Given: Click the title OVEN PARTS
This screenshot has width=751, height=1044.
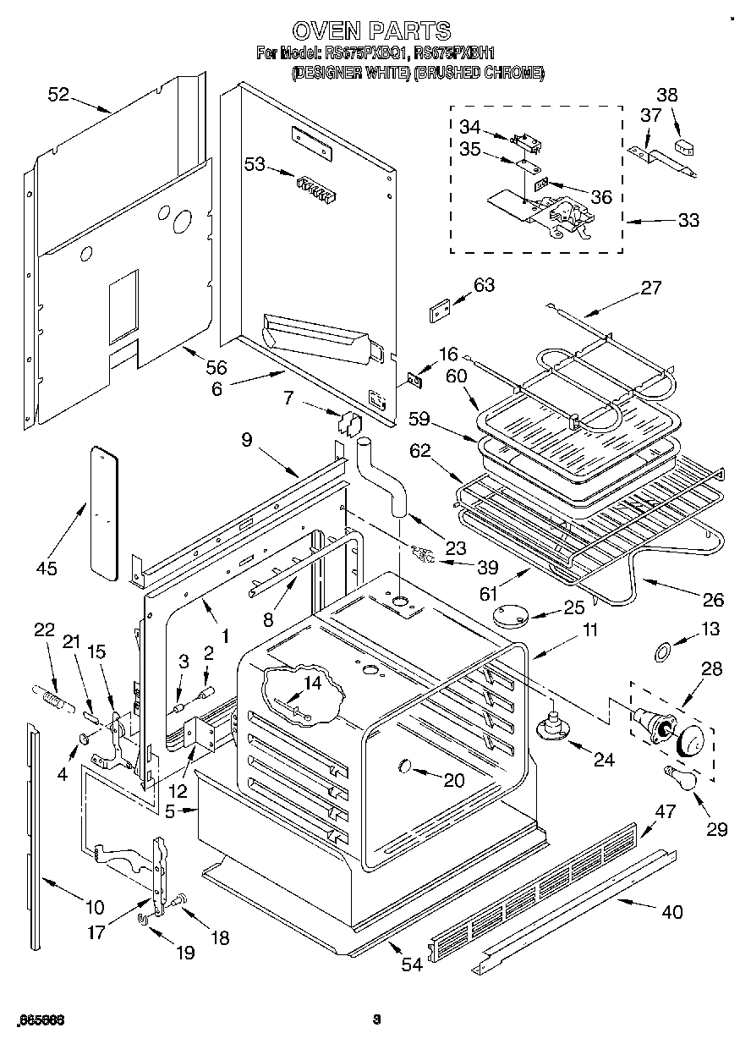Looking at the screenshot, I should coord(375,31).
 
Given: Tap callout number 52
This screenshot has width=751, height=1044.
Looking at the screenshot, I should coord(58,95).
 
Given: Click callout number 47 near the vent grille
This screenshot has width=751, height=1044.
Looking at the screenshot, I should coord(666,811).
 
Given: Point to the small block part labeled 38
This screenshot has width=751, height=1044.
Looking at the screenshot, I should coord(682,149).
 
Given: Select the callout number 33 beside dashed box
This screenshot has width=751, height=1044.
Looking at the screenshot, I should coord(688,220).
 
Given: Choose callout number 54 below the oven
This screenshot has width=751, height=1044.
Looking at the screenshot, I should coord(412,964).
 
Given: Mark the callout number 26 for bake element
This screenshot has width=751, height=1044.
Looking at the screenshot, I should coord(713,600).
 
